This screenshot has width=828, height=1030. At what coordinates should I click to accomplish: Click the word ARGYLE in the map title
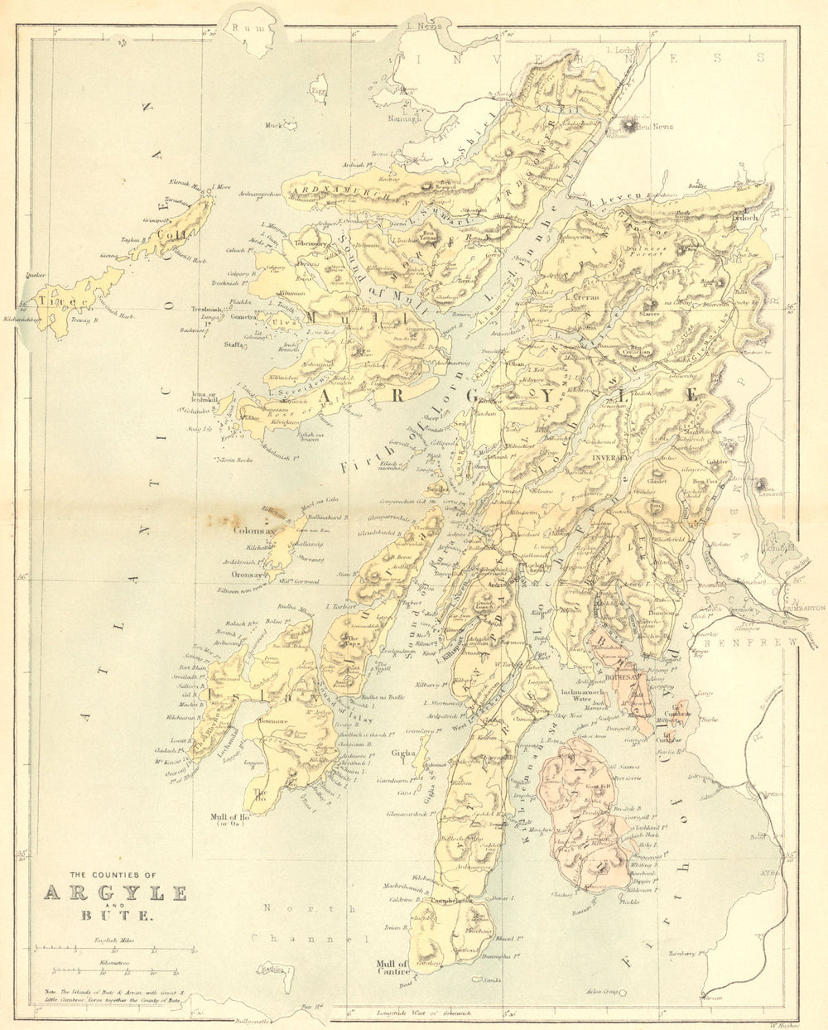pyautogui.click(x=114, y=893)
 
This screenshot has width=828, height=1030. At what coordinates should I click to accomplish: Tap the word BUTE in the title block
pyautogui.click(x=115, y=917)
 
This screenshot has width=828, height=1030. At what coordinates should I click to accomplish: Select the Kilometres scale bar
pyautogui.click(x=115, y=971)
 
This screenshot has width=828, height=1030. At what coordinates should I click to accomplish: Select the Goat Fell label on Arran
pyautogui.click(x=598, y=785)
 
